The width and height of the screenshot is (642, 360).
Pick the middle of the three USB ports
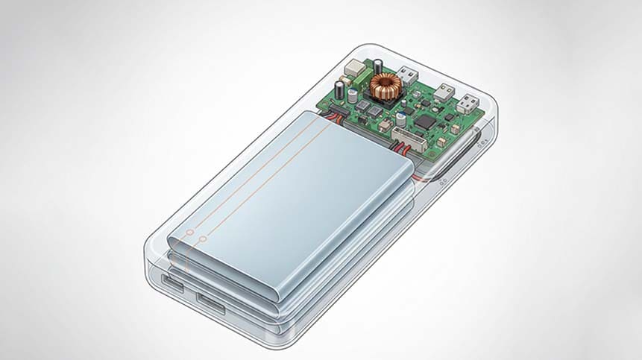(x=445, y=91)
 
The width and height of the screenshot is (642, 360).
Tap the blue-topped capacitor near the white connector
(x=401, y=118)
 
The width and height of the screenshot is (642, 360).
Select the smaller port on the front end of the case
(x=170, y=283)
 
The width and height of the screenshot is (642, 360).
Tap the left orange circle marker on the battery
(x=189, y=234)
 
